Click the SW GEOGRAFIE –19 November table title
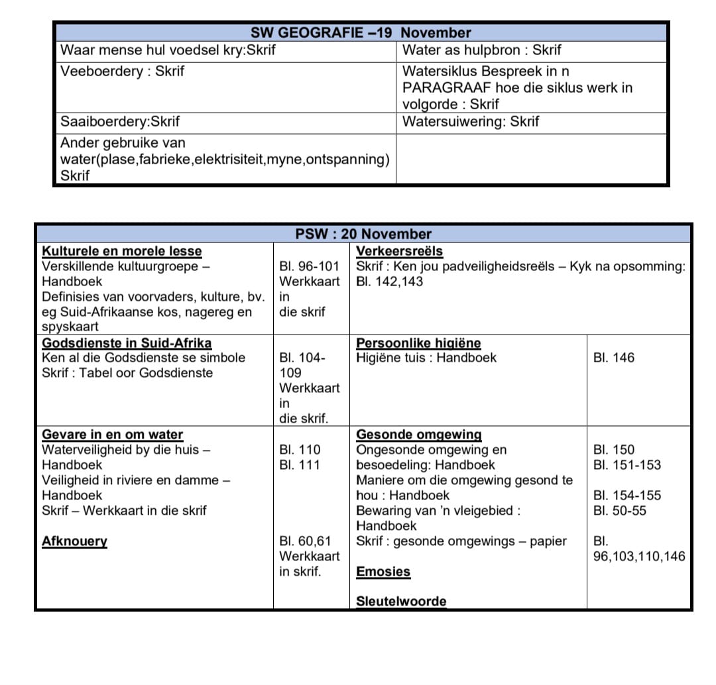361,32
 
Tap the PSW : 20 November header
363,234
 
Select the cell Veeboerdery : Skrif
122,71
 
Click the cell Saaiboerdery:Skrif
120,122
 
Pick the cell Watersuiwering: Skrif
471,122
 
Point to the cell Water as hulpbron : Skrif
482,50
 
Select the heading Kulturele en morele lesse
122,251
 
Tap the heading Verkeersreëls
399,251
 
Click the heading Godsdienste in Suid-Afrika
127,343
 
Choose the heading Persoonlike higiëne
418,343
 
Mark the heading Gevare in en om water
112,435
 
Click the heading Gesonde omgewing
418,435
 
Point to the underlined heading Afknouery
74,541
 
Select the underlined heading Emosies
383,572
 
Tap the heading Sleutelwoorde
401,602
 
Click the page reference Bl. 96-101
309,266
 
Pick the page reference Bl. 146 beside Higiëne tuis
614,358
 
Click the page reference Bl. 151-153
627,465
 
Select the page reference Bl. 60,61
305,541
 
